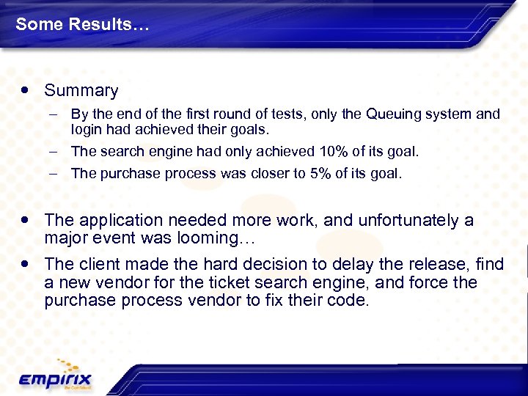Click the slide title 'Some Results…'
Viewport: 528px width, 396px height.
point(82,24)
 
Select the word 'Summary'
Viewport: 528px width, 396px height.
point(81,91)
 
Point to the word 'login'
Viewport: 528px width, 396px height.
point(85,130)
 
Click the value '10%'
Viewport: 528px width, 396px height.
point(337,152)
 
